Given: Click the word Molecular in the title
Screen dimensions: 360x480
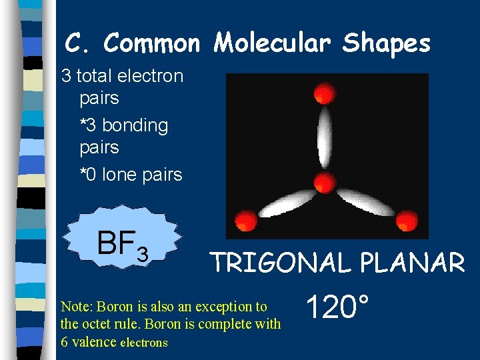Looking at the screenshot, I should (273, 44).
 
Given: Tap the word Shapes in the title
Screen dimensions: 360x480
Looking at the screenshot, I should (387, 44).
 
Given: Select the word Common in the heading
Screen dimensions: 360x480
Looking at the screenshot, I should (152, 44).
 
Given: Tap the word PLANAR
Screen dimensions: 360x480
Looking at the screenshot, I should (412, 263).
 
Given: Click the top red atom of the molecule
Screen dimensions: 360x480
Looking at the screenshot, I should (324, 93).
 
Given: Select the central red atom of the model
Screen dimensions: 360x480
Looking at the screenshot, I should (325, 181).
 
